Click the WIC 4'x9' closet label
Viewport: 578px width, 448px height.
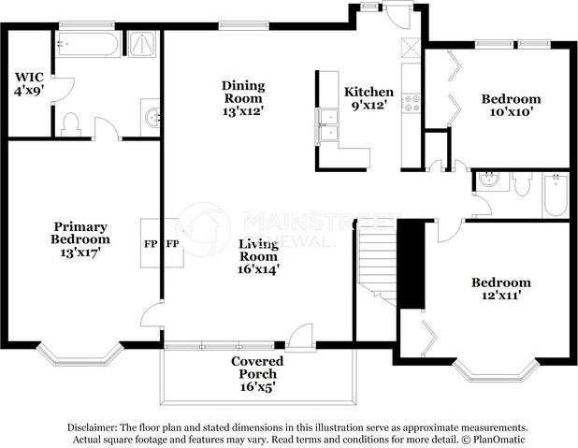point(29,83)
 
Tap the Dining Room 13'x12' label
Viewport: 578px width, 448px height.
point(243,98)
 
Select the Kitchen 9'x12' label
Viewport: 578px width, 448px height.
point(368,98)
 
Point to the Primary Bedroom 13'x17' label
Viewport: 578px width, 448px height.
point(80,239)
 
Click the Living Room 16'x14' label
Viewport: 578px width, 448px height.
point(258,256)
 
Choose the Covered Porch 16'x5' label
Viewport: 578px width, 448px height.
point(257,374)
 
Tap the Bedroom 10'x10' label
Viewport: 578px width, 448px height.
point(511,105)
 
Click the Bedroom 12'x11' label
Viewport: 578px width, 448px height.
point(501,289)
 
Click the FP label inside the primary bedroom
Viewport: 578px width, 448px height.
point(151,244)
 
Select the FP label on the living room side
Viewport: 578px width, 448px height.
point(172,244)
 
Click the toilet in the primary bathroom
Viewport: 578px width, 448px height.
point(71,124)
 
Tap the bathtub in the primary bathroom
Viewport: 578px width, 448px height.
point(88,44)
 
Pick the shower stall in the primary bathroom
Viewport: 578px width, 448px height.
point(142,44)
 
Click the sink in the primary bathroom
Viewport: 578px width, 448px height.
point(152,118)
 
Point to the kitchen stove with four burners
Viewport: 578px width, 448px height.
point(412,103)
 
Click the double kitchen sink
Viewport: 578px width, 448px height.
point(327,125)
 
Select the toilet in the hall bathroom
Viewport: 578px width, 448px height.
point(522,183)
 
